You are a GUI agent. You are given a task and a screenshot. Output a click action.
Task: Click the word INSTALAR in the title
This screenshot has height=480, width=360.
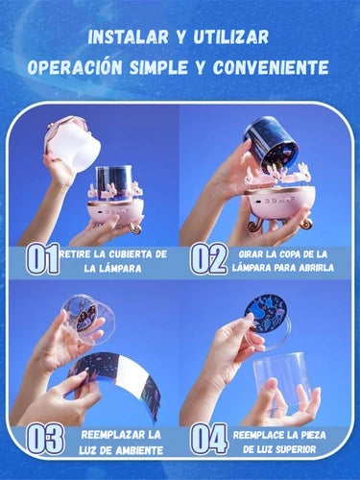pyautogui.click(x=128, y=37)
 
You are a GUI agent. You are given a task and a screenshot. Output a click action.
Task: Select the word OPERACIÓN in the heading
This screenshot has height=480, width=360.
pyautogui.click(x=75, y=67)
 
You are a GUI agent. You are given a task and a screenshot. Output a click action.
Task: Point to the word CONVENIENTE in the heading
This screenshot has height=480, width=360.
pyautogui.click(x=271, y=67)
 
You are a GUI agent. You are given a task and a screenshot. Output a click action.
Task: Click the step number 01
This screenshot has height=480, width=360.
pyautogui.click(x=42, y=259)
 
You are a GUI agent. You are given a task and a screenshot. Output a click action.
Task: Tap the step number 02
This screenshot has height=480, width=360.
pyautogui.click(x=208, y=259)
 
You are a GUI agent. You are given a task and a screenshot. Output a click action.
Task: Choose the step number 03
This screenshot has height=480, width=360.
pyautogui.click(x=45, y=439)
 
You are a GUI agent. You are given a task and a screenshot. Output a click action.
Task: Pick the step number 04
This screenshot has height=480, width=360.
pyautogui.click(x=208, y=439)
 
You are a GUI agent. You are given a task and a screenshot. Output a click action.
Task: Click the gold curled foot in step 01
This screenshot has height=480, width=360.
pyautogui.click(x=134, y=228)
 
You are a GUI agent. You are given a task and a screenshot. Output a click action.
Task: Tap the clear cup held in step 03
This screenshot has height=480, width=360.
pyautogui.click(x=84, y=320)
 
